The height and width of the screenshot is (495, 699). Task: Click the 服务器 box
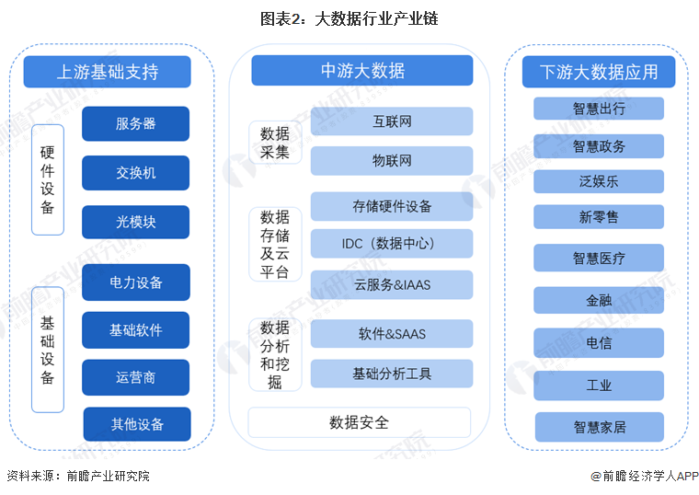135,123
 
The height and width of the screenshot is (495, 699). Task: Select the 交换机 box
135,173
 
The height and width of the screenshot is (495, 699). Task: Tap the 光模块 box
135,222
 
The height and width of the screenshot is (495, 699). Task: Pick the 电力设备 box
136,282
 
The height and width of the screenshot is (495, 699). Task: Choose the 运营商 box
135,377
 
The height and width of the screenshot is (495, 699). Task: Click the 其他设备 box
137,424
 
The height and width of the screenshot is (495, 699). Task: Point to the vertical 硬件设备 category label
48,179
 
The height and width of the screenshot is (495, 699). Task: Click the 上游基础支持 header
107,72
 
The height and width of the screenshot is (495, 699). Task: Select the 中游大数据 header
362,71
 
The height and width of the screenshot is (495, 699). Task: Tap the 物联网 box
392,160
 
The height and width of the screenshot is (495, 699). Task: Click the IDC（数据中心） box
392,244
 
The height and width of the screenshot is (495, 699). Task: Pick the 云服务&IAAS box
392,284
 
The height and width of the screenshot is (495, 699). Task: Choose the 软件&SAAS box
392,334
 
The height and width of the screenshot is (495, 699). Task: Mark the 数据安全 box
360,422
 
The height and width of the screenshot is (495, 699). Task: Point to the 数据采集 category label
275,143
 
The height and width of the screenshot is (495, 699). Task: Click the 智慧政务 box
599,146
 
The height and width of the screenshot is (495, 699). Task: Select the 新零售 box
599,217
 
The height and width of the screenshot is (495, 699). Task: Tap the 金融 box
599,300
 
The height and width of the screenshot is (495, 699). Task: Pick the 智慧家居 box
600,427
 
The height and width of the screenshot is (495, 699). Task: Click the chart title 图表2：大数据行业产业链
349,18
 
